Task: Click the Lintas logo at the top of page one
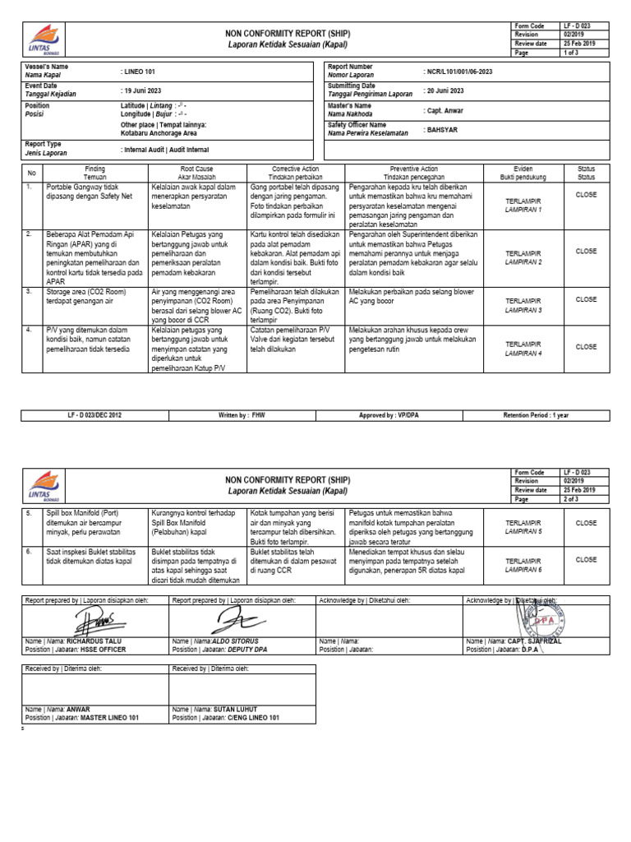[x=44, y=36]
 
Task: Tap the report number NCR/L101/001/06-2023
[x=467, y=72]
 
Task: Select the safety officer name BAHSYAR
[x=442, y=129]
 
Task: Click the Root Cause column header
[x=196, y=172]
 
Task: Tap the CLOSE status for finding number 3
[x=586, y=300]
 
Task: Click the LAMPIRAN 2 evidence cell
[x=523, y=257]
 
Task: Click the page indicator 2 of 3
[x=570, y=498]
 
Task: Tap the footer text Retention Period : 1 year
[x=535, y=415]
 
